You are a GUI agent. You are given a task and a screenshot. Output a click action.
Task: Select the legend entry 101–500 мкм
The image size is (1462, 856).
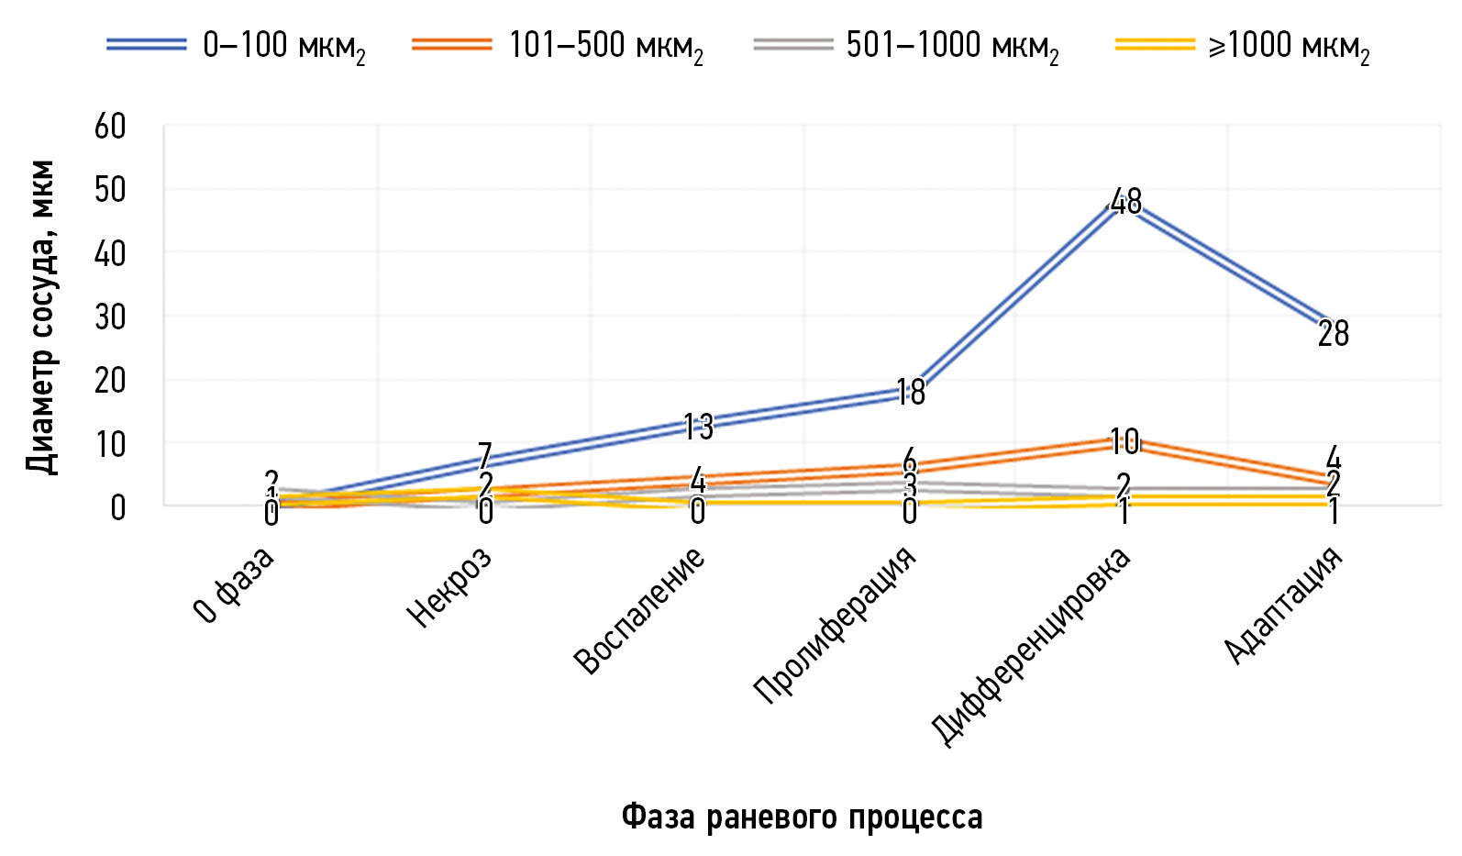point(559,45)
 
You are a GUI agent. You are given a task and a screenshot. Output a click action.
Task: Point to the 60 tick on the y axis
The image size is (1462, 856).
point(110,127)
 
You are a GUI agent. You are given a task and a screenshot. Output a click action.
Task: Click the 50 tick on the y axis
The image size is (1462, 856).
point(110,190)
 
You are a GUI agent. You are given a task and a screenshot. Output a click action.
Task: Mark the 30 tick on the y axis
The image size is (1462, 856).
point(110,317)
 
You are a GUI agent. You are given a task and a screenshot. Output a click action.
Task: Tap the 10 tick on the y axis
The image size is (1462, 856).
point(110,444)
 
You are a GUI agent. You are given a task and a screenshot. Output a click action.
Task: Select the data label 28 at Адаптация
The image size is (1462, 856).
point(1333,334)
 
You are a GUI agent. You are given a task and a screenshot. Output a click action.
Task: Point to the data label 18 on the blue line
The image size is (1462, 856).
point(910,393)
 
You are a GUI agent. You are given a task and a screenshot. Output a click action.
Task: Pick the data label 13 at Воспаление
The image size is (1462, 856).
point(698,427)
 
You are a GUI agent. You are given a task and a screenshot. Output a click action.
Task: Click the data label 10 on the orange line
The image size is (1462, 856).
point(1124,442)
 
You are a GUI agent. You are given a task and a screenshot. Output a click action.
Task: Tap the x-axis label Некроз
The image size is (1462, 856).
point(449,587)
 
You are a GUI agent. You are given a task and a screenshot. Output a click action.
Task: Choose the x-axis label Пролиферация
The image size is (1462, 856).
point(835,626)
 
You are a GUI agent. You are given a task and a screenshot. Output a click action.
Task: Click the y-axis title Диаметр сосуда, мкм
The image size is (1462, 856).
point(41,317)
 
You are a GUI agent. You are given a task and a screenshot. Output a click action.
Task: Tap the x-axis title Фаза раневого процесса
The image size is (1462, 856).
point(802,816)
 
